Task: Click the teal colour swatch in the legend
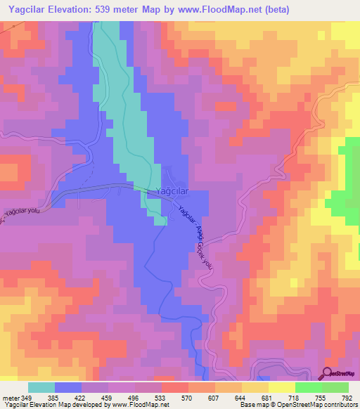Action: (x=41, y=388)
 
